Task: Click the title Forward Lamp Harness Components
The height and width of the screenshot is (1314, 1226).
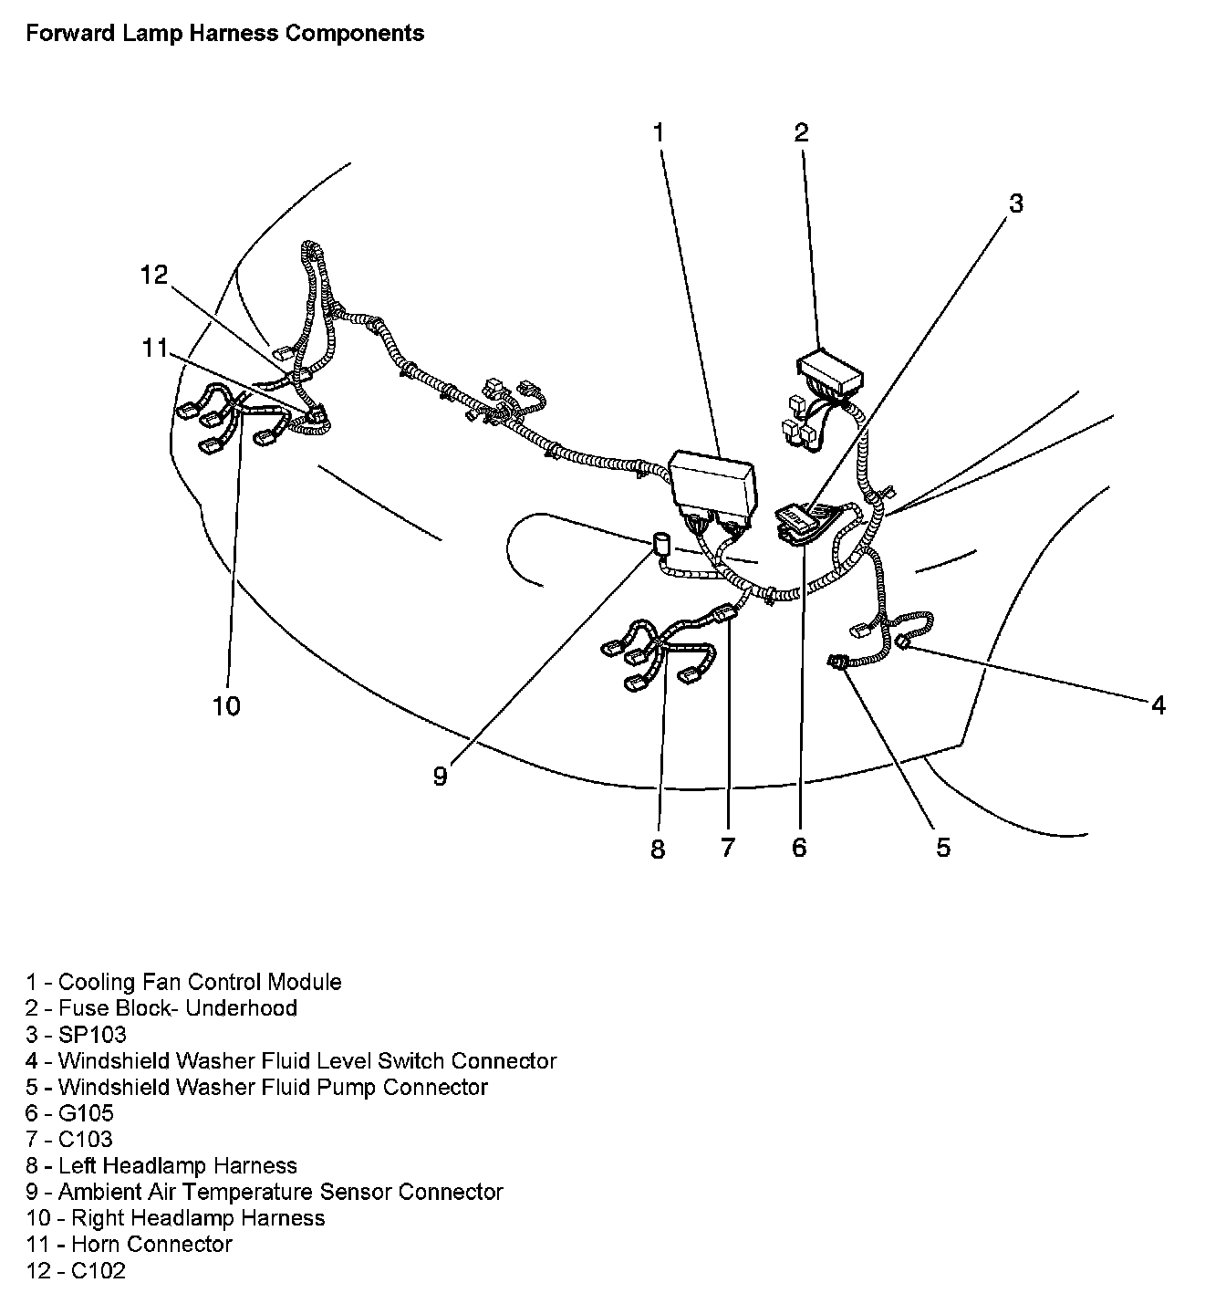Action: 224,34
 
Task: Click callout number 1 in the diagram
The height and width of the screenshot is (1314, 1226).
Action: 658,133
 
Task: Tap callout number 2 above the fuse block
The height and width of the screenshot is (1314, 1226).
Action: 801,133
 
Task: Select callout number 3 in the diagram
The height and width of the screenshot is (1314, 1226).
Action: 1015,203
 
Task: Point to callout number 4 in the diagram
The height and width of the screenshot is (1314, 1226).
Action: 1158,704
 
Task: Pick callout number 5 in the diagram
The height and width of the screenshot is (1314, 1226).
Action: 942,847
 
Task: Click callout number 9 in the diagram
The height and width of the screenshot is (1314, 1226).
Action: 441,777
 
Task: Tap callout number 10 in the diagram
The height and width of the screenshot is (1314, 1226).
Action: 226,705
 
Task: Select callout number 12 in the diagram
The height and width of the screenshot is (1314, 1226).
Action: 155,275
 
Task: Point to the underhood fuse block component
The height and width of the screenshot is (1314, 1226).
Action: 828,370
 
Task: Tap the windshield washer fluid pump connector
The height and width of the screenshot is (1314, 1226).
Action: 836,663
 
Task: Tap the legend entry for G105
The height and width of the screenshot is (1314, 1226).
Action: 70,1113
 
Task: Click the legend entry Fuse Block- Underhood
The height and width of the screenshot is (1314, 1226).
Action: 161,1008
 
